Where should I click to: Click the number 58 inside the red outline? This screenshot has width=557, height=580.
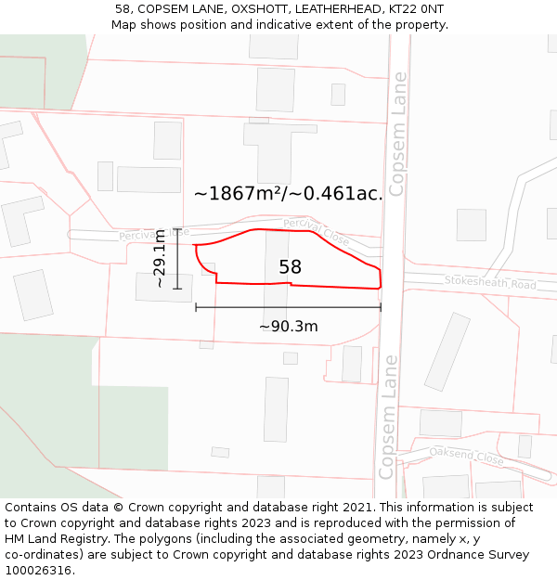point(290,267)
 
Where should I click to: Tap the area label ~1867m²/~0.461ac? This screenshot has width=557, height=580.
point(288,193)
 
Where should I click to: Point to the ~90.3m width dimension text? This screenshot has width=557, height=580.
point(288,326)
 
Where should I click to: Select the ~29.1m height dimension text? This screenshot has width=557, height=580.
point(159,258)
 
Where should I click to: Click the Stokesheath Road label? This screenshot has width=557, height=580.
point(489,281)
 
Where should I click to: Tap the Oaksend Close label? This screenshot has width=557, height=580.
point(467,456)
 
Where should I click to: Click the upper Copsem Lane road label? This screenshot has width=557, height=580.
point(397,135)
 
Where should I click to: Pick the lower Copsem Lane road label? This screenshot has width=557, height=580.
point(390,417)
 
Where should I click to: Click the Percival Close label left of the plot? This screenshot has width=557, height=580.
point(153,235)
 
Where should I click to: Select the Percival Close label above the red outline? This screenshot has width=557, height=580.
point(317,232)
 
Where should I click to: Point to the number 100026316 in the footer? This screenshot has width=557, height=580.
point(39,570)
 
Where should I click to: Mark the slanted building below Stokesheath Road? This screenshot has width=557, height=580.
point(447,351)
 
